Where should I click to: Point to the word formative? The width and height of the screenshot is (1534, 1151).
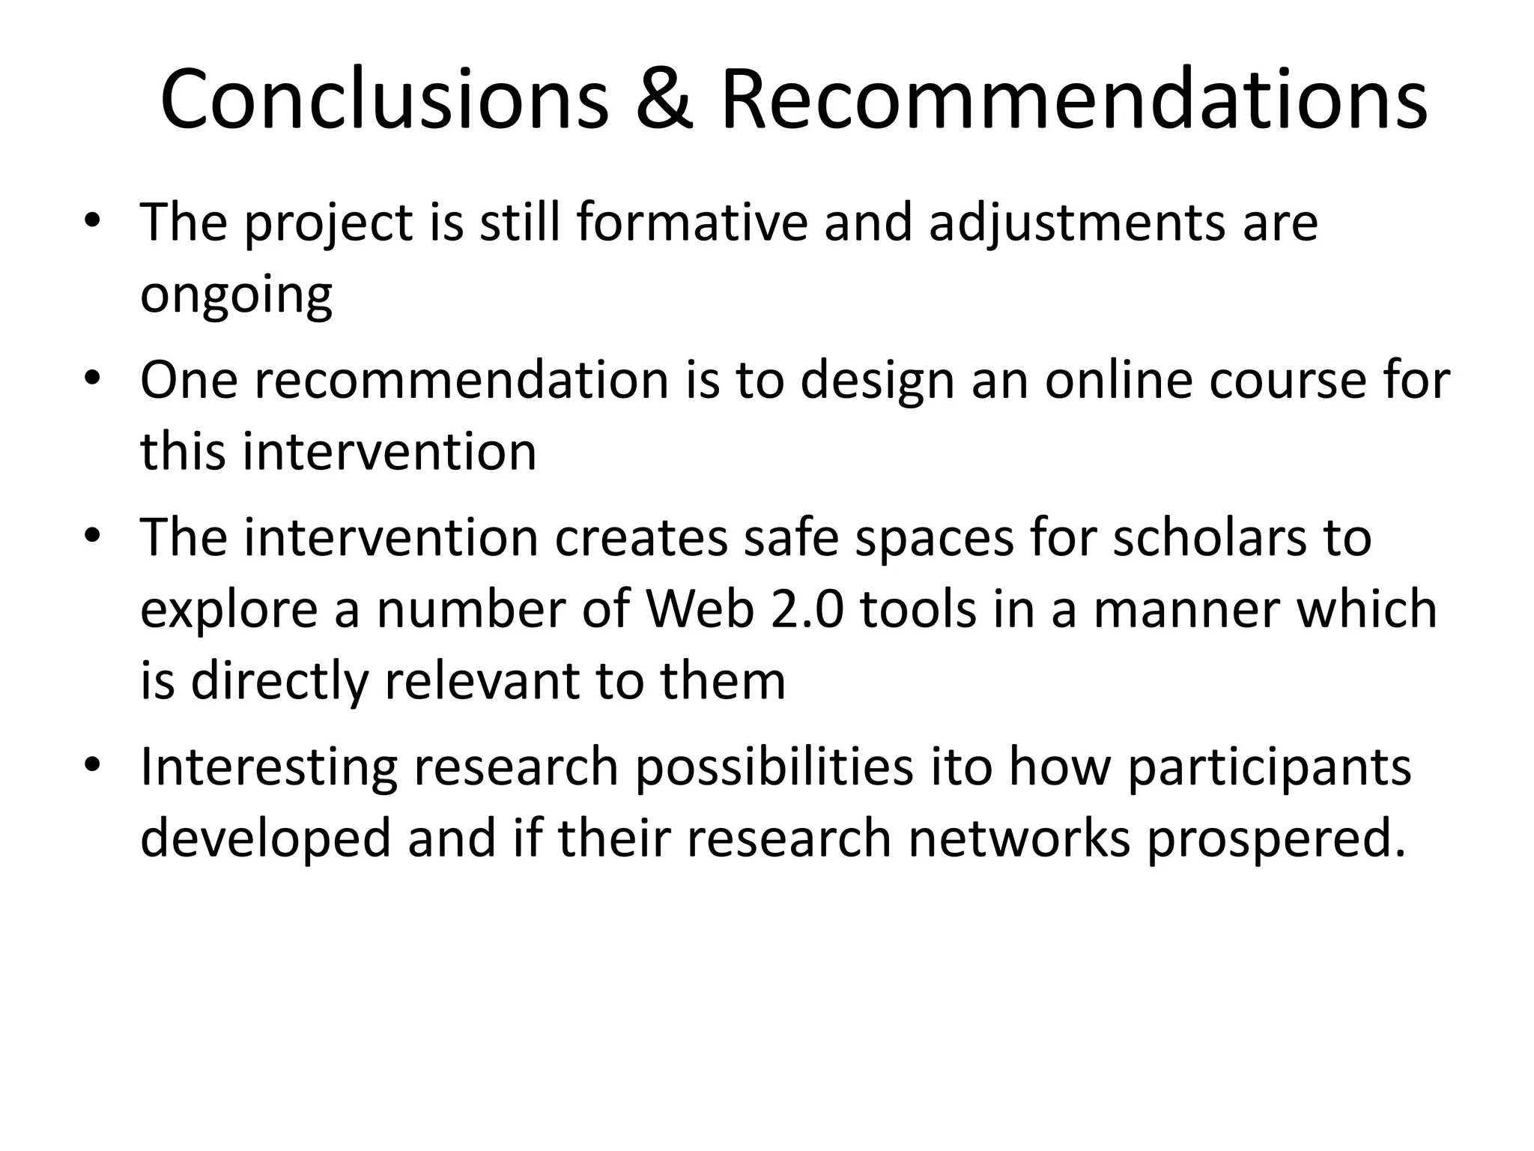[x=692, y=223]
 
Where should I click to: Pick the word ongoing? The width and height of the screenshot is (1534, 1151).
[x=236, y=295]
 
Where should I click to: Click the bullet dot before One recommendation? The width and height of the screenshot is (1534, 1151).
[x=92, y=378]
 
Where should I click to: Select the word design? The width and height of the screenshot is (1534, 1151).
[x=877, y=381]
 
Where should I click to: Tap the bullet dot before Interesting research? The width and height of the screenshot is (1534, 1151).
[x=92, y=765]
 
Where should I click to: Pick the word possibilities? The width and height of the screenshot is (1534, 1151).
[x=774, y=767]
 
